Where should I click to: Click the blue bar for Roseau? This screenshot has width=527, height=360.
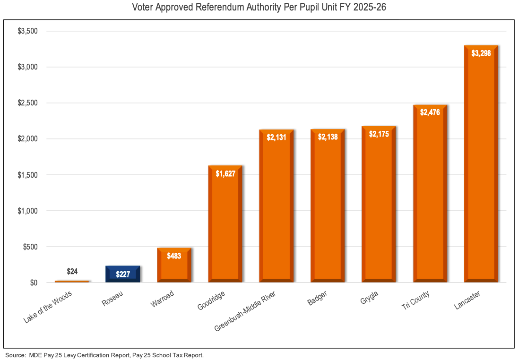point(123,274)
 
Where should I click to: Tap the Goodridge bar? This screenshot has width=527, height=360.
point(225,227)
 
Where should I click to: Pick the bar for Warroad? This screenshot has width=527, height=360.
point(174,267)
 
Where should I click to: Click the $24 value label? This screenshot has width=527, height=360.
point(72,272)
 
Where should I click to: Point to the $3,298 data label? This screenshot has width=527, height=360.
point(481,53)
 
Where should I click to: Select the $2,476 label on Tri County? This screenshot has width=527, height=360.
point(430,112)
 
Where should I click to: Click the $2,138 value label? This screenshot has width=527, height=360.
point(328,137)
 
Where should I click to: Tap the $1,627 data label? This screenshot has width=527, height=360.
point(225,173)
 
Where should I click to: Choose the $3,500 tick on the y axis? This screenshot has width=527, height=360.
point(27,31)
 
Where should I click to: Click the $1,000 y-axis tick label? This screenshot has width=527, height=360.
point(27,211)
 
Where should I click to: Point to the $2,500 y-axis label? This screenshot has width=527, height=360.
point(27,103)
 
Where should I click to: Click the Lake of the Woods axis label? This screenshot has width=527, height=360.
point(48,308)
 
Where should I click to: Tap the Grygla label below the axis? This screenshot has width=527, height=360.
point(369,299)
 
